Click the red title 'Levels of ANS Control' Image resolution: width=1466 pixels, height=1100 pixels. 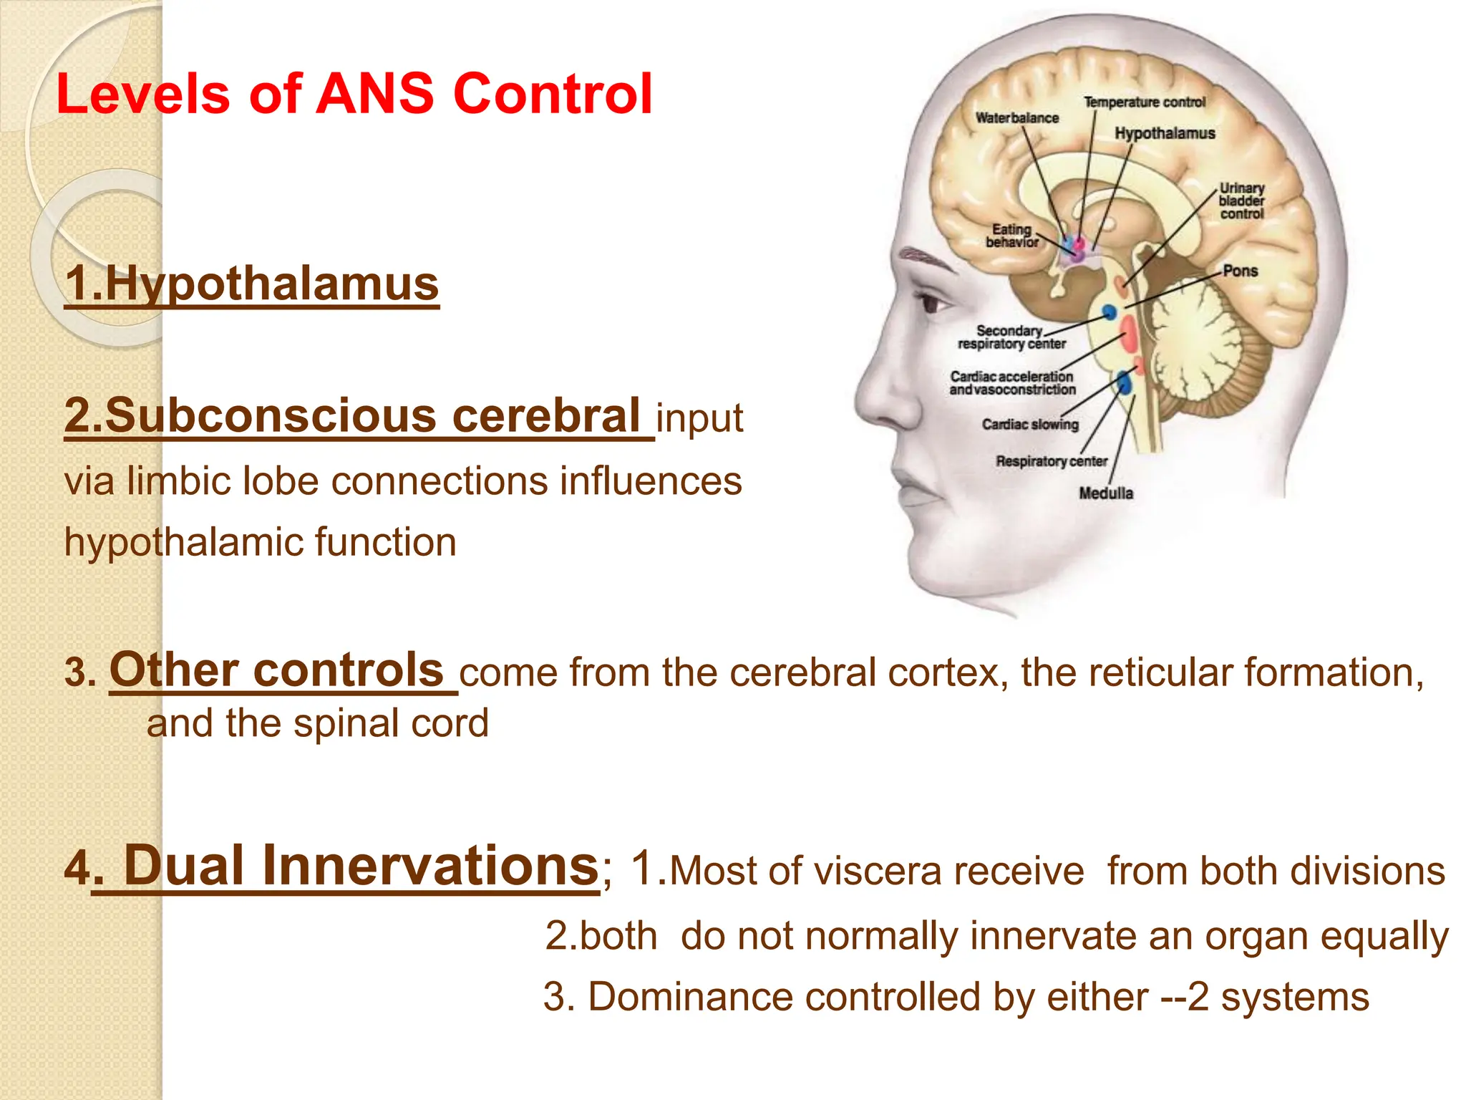click(354, 94)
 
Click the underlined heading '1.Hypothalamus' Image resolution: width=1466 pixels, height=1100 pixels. click(251, 284)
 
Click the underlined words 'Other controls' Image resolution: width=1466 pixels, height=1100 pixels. click(277, 670)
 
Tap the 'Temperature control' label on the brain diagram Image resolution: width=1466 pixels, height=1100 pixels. click(1144, 102)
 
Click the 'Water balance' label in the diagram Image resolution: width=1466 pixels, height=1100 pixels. click(1016, 118)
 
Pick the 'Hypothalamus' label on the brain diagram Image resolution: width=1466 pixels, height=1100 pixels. click(1165, 133)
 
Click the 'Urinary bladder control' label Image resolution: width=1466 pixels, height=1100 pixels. click(1242, 201)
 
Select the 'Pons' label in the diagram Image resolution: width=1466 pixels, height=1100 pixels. click(1240, 271)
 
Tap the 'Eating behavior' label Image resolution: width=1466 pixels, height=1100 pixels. click(1011, 236)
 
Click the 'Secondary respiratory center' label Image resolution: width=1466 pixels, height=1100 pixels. click(1011, 337)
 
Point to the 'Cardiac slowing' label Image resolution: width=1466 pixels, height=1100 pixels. click(1029, 425)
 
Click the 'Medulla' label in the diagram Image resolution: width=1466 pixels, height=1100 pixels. click(1106, 493)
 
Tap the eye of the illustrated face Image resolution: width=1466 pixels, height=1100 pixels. click(931, 303)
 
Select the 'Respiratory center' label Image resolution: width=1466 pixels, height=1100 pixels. click(1051, 461)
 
